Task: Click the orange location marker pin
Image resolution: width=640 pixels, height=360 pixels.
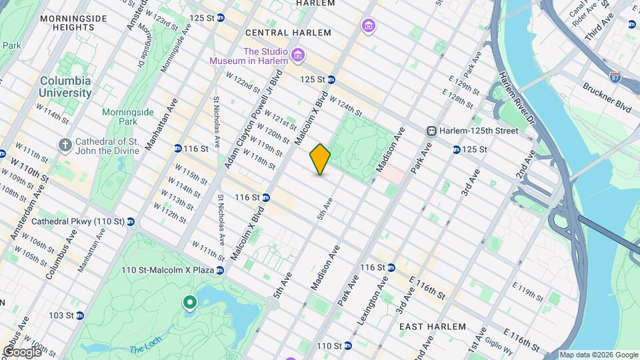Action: pyautogui.click(x=320, y=159)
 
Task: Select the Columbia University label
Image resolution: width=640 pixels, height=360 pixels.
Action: pyautogui.click(x=65, y=87)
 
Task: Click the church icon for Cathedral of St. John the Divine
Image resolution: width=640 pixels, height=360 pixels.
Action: pyautogui.click(x=65, y=144)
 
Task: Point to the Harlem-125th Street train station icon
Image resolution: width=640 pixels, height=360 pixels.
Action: pyautogui.click(x=432, y=131)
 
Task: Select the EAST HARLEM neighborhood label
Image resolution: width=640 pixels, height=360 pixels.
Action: pyautogui.click(x=429, y=327)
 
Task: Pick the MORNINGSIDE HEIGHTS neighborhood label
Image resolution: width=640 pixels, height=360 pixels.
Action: pyautogui.click(x=67, y=22)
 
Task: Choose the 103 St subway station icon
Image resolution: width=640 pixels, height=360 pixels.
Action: pyautogui.click(x=79, y=315)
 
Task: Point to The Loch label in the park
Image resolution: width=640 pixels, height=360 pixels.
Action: pyautogui.click(x=143, y=349)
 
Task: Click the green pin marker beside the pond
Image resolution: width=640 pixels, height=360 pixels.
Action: pyautogui.click(x=190, y=303)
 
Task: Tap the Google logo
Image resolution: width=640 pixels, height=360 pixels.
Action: pyautogui.click(x=21, y=352)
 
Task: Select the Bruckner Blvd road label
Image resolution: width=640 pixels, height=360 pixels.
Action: pyautogui.click(x=606, y=97)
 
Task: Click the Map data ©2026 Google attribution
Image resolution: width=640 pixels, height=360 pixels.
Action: pyautogui.click(x=598, y=355)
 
